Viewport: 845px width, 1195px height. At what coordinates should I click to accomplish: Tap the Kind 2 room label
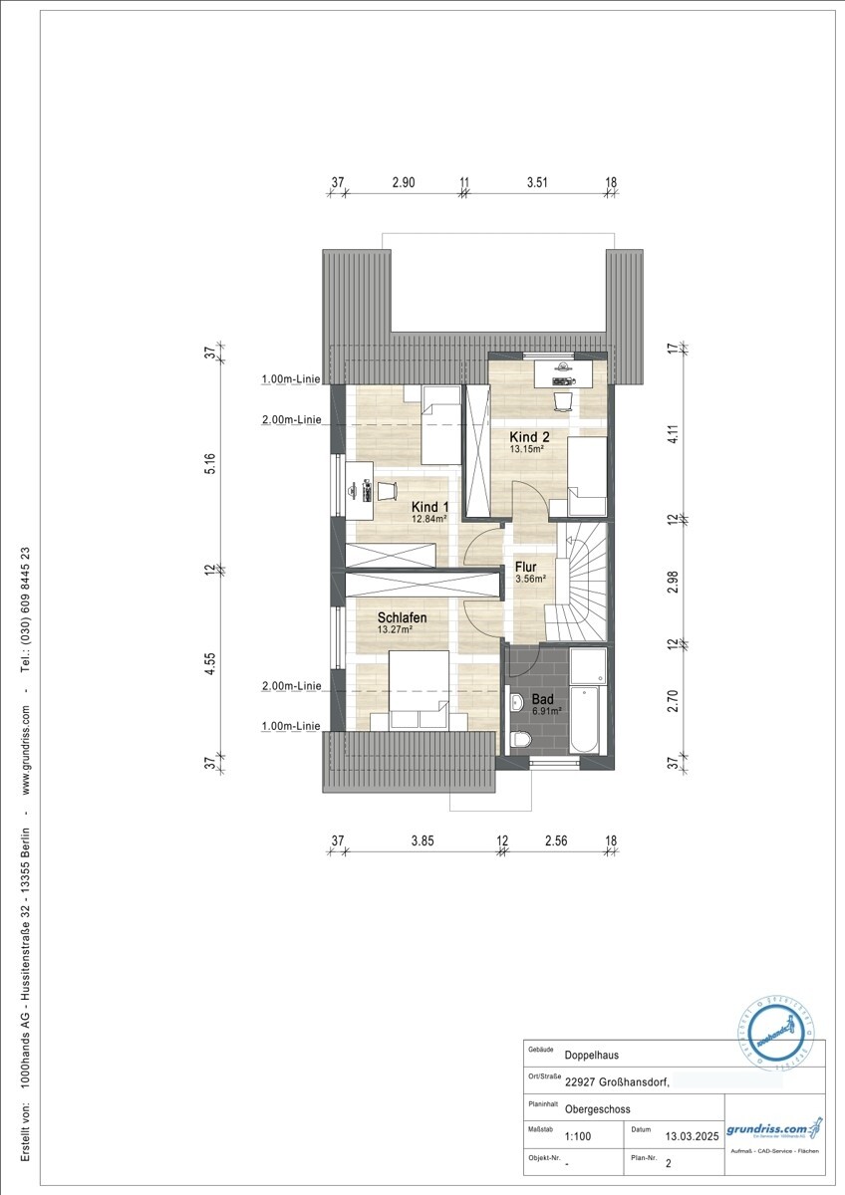[x=530, y=437]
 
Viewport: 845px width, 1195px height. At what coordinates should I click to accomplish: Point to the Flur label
[x=525, y=568]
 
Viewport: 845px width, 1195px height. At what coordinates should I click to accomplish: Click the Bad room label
[x=542, y=699]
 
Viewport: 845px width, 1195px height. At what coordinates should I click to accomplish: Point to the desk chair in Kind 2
[x=562, y=399]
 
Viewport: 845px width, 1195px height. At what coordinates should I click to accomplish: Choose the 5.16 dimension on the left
[x=209, y=465]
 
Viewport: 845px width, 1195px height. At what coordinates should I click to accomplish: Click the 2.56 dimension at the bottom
[x=555, y=840]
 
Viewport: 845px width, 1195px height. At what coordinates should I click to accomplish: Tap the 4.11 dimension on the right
[x=673, y=433]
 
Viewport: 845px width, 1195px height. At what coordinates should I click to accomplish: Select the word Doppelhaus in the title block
[x=591, y=1056]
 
